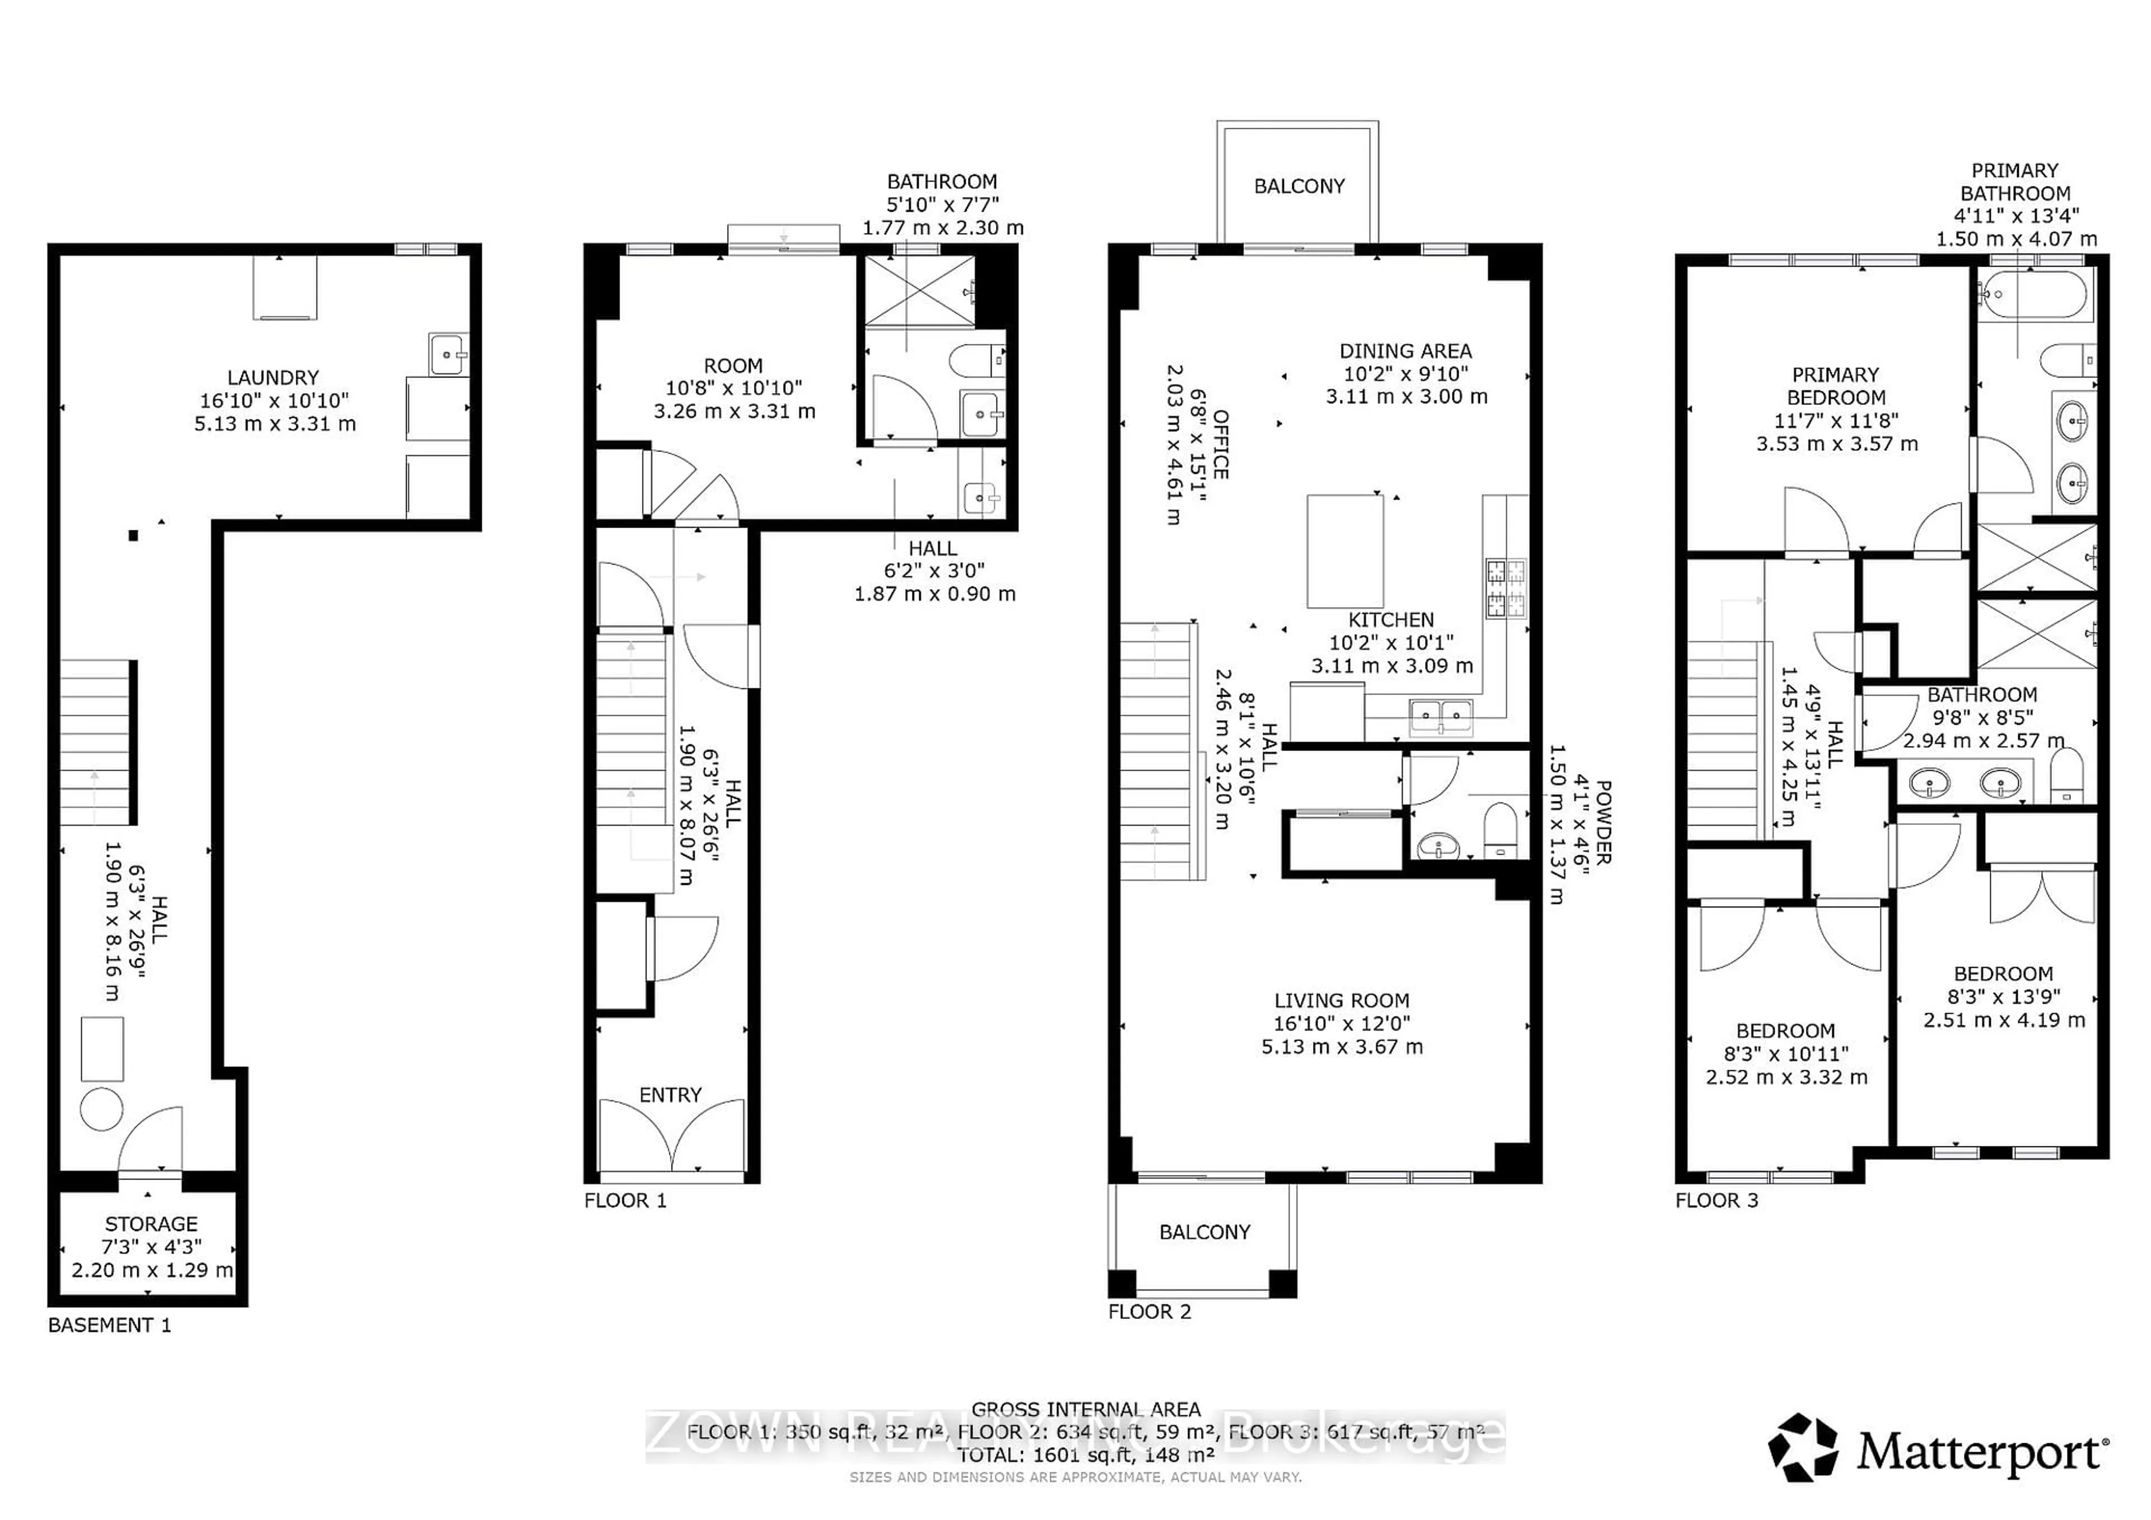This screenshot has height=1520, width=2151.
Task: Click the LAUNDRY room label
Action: point(273,377)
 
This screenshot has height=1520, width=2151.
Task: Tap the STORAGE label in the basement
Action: point(151,1224)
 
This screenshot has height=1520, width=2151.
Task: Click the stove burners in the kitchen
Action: point(1506,587)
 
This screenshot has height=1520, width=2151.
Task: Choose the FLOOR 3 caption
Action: point(1716,1201)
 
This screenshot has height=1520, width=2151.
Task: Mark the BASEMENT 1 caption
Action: point(110,1325)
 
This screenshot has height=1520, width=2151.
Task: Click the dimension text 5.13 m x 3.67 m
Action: point(1342,1047)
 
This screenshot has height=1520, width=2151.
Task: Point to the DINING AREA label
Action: point(1405,351)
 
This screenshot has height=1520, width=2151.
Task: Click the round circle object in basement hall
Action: point(101,1111)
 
